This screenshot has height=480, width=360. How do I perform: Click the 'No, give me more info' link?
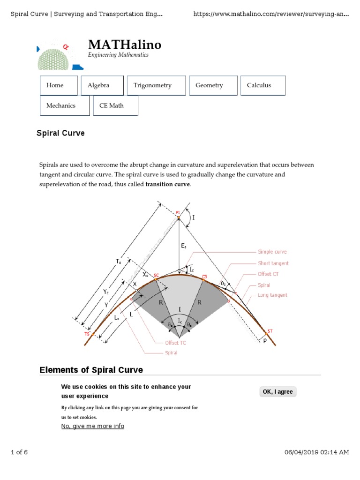93,426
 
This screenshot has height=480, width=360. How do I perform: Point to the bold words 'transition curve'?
168,184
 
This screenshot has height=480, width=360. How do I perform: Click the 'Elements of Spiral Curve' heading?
91,370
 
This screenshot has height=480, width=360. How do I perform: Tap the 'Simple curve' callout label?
272,252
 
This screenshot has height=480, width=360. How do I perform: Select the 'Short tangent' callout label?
273,263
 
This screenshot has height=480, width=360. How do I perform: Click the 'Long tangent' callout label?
272,295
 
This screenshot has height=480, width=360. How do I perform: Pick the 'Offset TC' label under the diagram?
175,343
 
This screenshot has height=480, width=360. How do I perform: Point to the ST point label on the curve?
270,331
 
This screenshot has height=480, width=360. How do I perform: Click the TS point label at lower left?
87,334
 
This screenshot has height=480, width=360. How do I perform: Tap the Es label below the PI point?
184,245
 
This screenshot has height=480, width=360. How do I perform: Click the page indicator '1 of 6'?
19,452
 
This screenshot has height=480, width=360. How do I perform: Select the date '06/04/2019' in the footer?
301,452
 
